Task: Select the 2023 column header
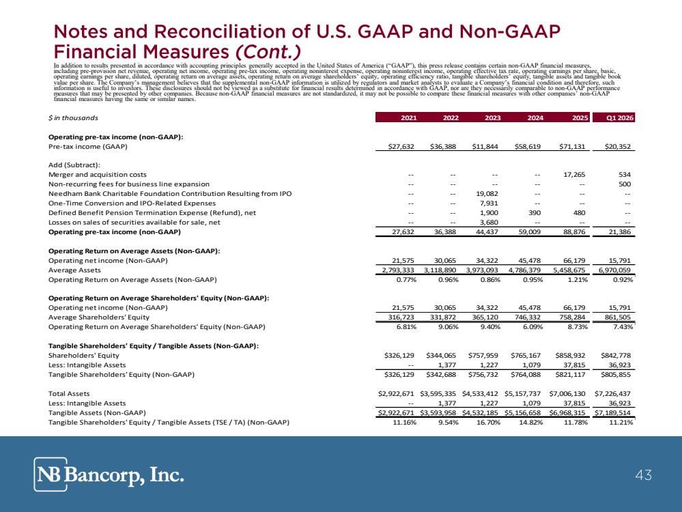click(493, 118)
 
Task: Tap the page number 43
click(643, 474)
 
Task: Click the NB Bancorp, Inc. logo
click(109, 474)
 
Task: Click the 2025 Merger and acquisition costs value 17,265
click(574, 175)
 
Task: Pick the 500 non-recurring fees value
click(625, 184)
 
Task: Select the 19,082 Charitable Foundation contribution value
click(487, 194)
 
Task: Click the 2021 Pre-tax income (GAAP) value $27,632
click(401, 147)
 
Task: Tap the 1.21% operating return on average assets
click(578, 280)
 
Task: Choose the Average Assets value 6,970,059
click(614, 270)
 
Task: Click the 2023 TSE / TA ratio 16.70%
click(489, 423)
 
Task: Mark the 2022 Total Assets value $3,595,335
click(438, 394)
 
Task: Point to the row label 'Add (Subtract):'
click(74, 165)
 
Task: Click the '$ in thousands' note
click(73, 118)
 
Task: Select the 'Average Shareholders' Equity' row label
click(99, 317)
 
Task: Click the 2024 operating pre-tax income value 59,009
click(530, 232)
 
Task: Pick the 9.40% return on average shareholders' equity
click(490, 327)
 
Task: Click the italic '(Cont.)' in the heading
click(268, 52)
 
